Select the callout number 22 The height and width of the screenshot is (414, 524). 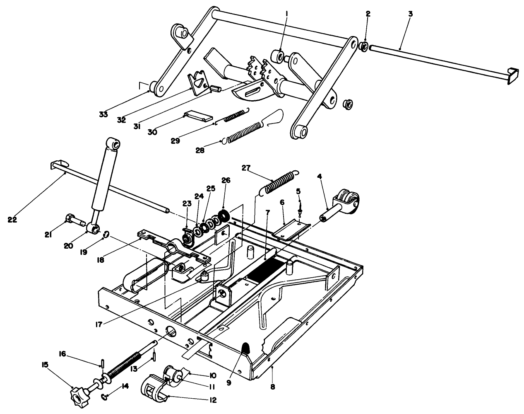[x=12, y=219]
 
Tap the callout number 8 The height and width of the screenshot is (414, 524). [x=272, y=387]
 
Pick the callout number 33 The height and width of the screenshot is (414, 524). [x=103, y=114]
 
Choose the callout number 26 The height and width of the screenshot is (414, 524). [x=226, y=180]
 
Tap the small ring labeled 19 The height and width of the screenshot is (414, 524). [x=106, y=235]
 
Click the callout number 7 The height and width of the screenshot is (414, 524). [x=267, y=212]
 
